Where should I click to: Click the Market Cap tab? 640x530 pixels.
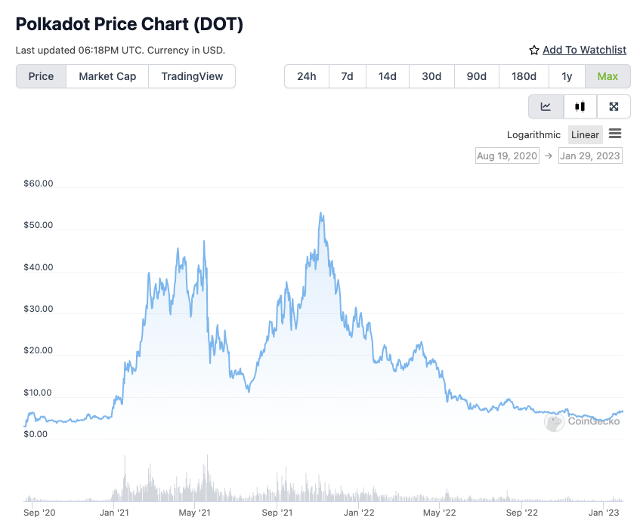point(107,76)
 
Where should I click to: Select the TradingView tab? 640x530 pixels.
point(192,76)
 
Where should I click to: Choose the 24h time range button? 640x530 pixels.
point(307,76)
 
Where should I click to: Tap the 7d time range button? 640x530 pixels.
point(347,76)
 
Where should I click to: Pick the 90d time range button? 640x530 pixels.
point(476,76)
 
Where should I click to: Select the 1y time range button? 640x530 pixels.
point(567,76)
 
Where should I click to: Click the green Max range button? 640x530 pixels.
point(608,76)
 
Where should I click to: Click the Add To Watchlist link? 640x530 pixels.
point(584,50)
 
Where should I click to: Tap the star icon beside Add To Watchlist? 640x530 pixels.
point(534,50)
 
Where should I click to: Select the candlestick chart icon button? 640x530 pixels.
point(580,106)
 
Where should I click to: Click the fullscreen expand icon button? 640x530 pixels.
point(614,106)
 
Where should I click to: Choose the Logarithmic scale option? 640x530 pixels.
point(533,134)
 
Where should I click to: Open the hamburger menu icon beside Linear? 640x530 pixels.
point(615,134)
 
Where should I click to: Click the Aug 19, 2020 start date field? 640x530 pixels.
point(506,156)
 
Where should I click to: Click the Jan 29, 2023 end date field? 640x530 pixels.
point(590,156)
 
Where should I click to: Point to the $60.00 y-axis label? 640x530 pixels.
point(39,183)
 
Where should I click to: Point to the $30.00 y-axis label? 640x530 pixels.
point(39,309)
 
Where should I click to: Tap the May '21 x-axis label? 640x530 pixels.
point(195,513)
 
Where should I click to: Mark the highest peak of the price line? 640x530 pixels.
point(321,213)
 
